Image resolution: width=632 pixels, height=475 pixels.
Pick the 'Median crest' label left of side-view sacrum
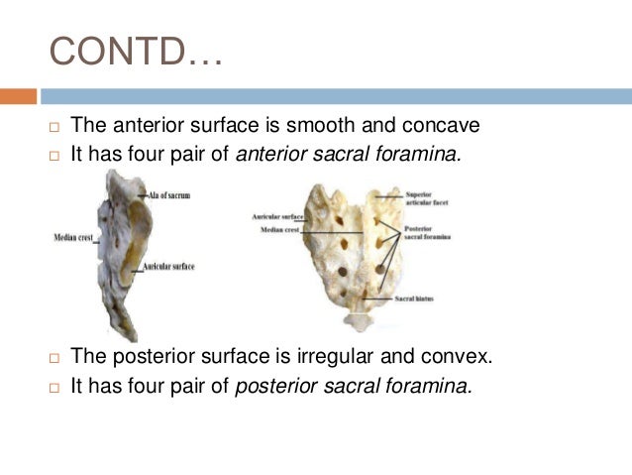(x=72, y=239)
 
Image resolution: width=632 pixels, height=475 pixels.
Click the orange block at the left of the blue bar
(x=18, y=96)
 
